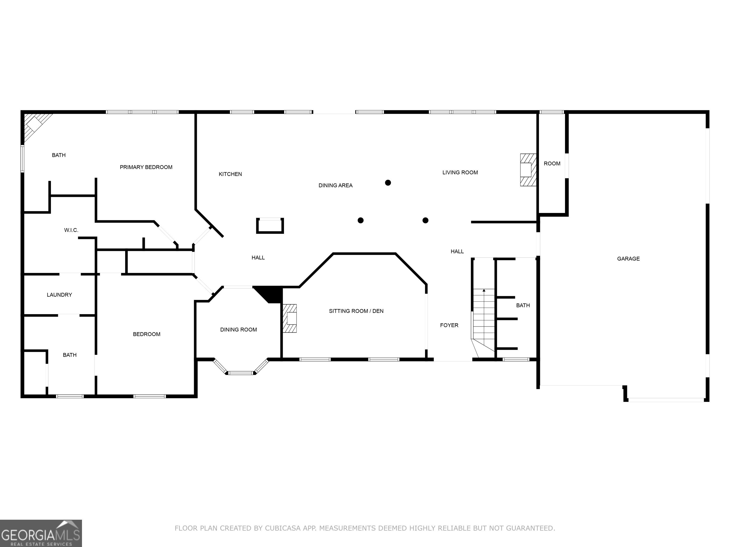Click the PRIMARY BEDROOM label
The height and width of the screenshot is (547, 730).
click(146, 167)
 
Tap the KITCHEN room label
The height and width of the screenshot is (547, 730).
click(230, 174)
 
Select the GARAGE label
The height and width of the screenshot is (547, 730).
click(628, 259)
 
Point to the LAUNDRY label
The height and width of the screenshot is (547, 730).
click(59, 295)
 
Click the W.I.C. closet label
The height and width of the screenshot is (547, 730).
click(71, 230)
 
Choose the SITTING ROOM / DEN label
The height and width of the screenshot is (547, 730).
click(356, 311)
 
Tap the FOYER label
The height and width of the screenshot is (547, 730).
click(449, 325)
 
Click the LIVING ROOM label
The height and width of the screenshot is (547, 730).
click(460, 172)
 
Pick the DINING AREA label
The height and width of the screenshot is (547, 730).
click(335, 185)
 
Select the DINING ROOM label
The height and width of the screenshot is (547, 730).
click(238, 330)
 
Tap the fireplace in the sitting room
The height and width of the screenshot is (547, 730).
click(289, 318)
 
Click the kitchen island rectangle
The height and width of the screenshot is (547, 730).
click(270, 226)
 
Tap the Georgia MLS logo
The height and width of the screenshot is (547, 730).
click(41, 533)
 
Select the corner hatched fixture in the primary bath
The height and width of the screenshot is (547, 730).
click(36, 126)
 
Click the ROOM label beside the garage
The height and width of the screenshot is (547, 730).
click(552, 164)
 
